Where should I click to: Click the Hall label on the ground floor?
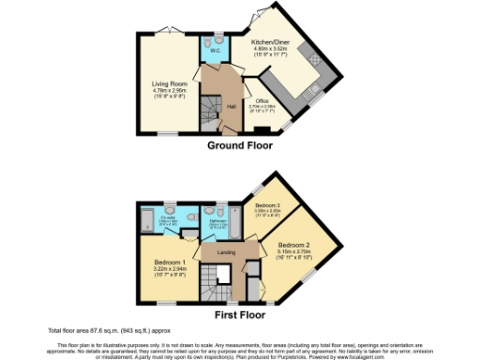click(231, 106)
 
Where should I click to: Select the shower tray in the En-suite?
click(148, 222)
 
